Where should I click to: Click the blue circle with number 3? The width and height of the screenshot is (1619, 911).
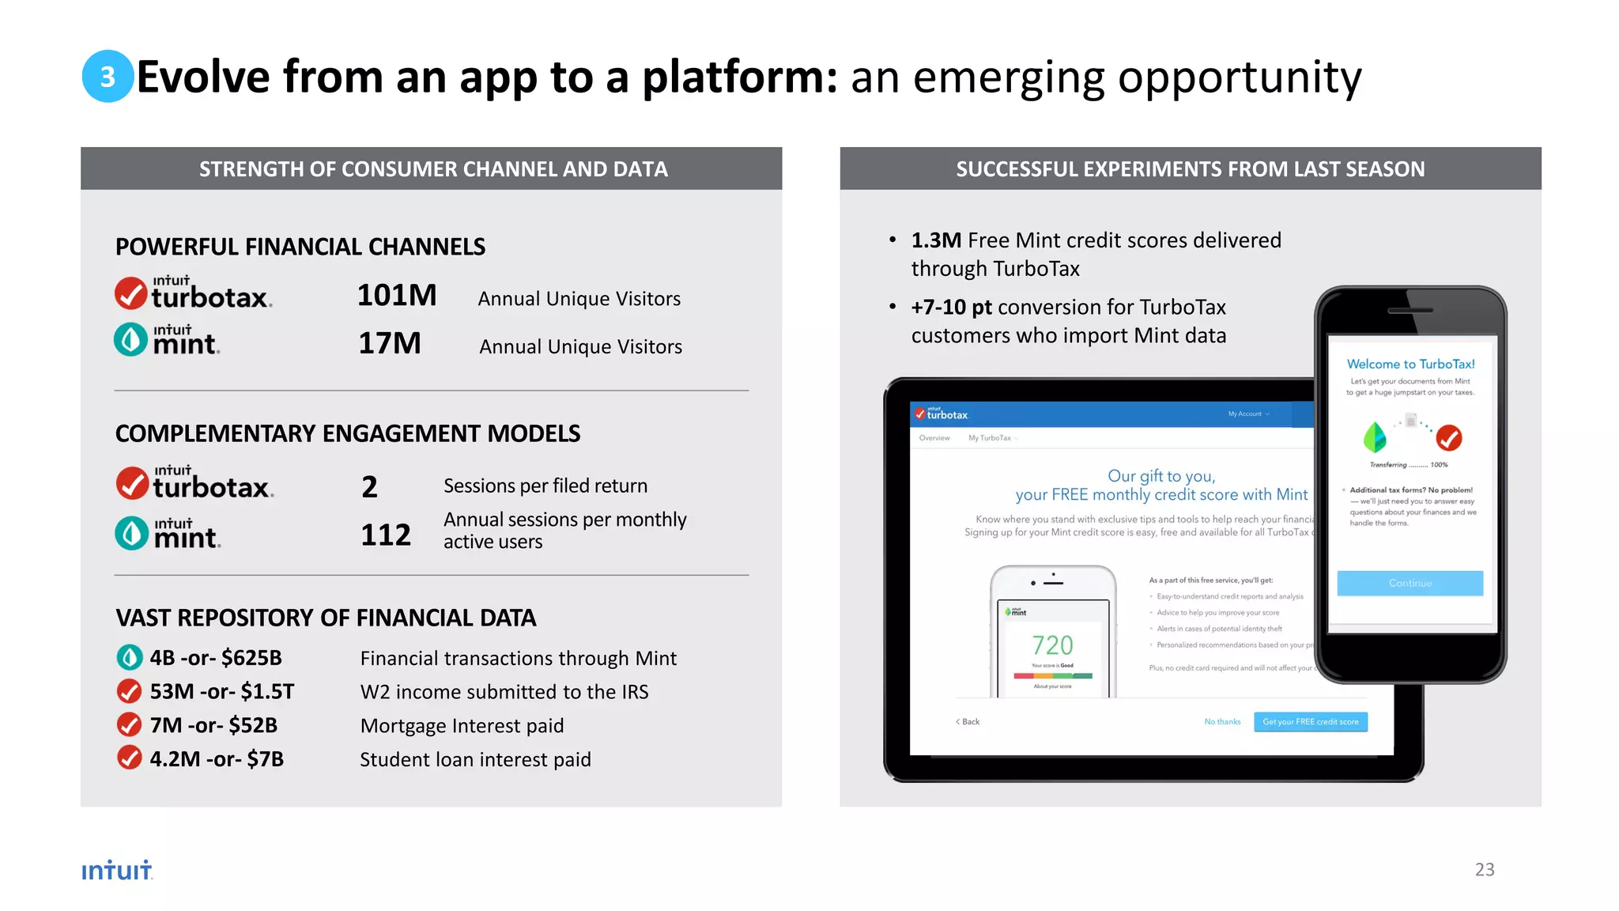(x=108, y=77)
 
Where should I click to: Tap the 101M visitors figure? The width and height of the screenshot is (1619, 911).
(x=397, y=296)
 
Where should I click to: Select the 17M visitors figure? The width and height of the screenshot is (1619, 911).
(x=390, y=344)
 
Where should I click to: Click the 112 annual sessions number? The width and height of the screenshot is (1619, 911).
(x=386, y=535)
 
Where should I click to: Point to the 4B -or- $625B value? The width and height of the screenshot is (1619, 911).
(x=216, y=658)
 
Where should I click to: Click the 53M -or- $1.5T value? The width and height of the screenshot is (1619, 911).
(x=222, y=692)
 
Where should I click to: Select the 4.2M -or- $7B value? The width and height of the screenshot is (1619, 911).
(x=217, y=759)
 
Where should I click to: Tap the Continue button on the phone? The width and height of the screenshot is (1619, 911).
(x=1410, y=583)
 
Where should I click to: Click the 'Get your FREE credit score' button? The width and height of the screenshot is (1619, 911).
(x=1310, y=722)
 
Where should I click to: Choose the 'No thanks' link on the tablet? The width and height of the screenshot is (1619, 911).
(x=1222, y=722)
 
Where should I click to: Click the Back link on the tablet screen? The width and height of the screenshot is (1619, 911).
(x=968, y=722)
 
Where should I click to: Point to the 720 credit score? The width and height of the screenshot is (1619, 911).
(x=1053, y=646)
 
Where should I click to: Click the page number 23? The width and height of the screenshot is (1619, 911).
(x=1485, y=870)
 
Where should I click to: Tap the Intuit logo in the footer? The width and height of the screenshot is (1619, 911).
(x=117, y=871)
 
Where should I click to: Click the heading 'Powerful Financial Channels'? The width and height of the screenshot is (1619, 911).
(x=300, y=247)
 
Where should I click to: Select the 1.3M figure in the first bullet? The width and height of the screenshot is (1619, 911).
(x=936, y=240)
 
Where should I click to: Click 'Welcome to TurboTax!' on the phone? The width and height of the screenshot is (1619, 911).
(x=1410, y=364)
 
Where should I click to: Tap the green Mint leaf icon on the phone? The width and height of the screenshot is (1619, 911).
(x=1375, y=437)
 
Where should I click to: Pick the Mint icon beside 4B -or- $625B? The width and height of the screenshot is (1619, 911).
(x=129, y=657)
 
